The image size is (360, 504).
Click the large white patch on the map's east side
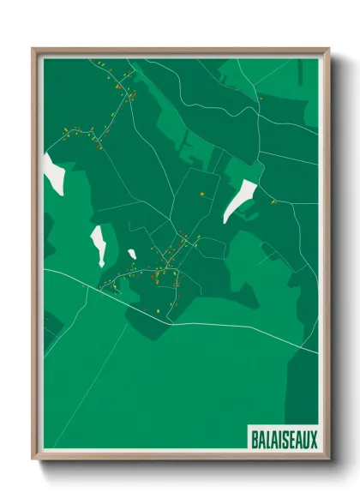241,201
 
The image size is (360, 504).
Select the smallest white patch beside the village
132,254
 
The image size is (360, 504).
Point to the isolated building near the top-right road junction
261,98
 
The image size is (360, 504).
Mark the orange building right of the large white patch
273,202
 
